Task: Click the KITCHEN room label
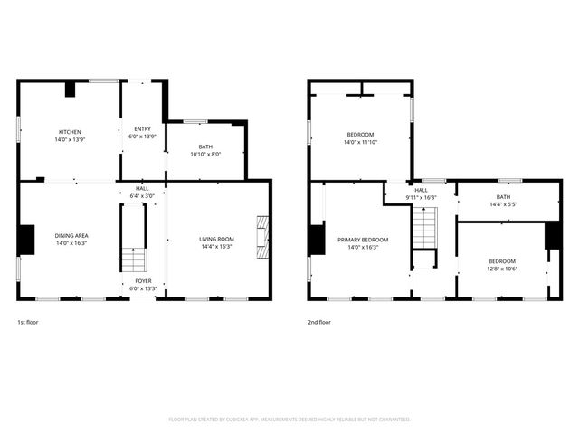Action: coord(70,132)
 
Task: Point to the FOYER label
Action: coord(144,281)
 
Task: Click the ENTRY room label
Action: coord(143,129)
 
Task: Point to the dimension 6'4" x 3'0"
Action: coord(143,195)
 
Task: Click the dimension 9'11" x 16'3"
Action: coord(422,197)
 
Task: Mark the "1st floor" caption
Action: coord(28,322)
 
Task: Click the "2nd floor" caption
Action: coord(319,322)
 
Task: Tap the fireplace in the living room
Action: coord(262,237)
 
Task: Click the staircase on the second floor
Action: coord(424,227)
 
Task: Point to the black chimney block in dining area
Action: coord(25,239)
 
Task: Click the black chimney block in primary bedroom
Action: coord(316,240)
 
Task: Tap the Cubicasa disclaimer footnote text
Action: coord(289,420)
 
